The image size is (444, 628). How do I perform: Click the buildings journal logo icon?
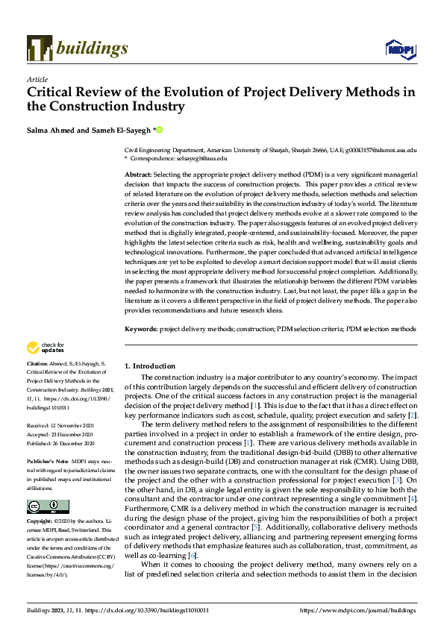40,49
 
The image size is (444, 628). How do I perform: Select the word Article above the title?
37,79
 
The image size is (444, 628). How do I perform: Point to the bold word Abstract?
139,173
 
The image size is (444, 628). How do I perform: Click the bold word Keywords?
140,328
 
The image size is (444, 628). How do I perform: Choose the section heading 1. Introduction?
149,366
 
